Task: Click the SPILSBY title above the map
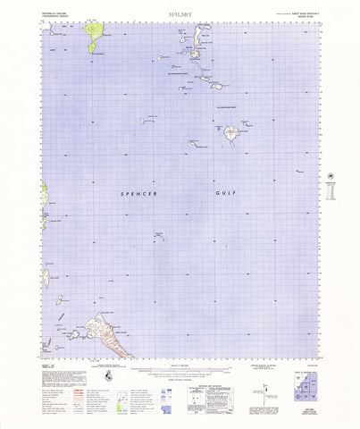179,14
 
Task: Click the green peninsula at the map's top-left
93,36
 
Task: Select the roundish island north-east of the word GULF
230,134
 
